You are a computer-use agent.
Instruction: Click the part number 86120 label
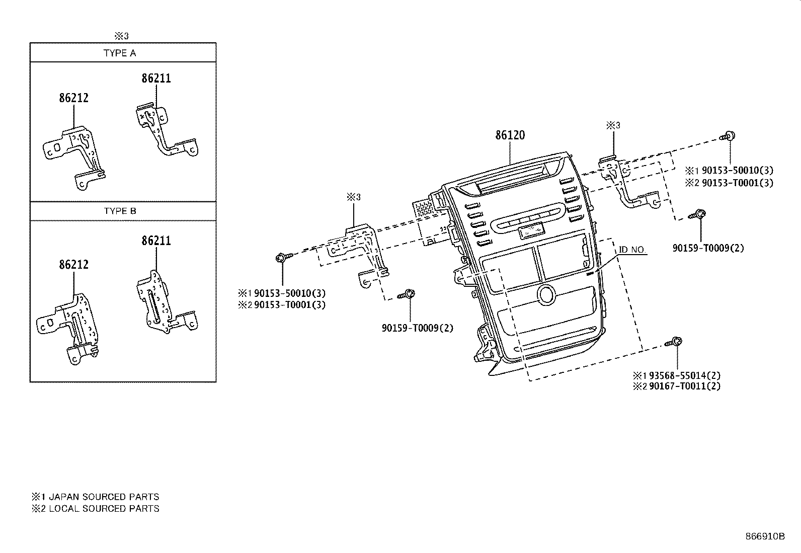[x=510, y=135]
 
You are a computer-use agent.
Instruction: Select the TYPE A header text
[x=120, y=53]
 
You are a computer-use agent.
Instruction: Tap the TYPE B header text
[x=120, y=211]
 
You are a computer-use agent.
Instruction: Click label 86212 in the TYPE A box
[x=73, y=98]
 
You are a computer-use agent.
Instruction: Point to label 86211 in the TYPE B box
[x=156, y=241]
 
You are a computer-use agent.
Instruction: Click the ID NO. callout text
[x=632, y=250]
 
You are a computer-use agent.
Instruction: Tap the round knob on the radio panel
[x=546, y=294]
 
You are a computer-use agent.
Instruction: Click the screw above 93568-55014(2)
[x=674, y=343]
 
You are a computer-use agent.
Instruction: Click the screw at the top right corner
[x=728, y=135]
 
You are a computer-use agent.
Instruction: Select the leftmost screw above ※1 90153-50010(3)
[x=282, y=258]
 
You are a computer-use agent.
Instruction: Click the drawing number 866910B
[x=765, y=536]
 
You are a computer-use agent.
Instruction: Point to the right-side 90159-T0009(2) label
[x=708, y=248]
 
